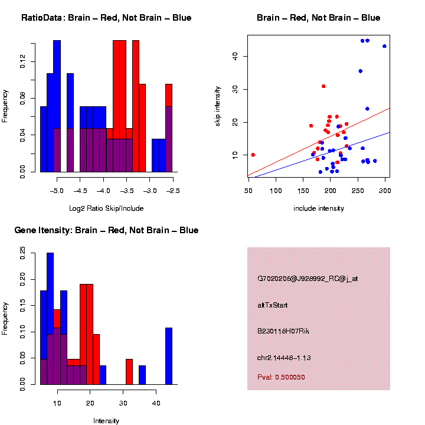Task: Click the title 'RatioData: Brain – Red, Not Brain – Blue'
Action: click(106, 18)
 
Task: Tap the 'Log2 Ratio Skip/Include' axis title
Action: click(106, 208)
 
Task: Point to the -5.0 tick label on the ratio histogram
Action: click(57, 191)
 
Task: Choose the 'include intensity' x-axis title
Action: click(319, 208)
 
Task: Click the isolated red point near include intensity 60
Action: click(253, 155)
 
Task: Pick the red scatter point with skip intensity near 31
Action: click(323, 86)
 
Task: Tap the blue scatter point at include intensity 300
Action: click(384, 46)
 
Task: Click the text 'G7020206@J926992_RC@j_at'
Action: click(308, 279)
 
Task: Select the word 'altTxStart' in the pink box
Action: click(273, 305)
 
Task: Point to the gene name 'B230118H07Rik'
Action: click(283, 331)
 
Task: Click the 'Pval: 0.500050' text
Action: click(282, 377)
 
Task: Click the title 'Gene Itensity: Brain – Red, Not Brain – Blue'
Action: click(106, 230)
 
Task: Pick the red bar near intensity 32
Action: click(129, 372)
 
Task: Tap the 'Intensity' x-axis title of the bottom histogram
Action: click(106, 421)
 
